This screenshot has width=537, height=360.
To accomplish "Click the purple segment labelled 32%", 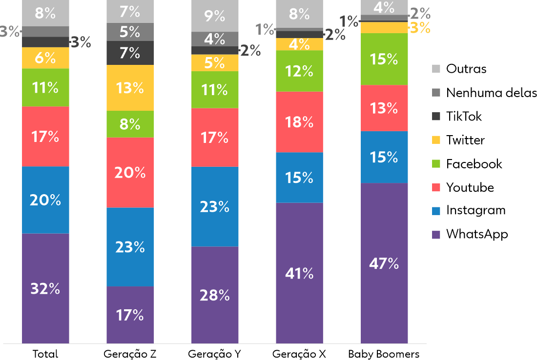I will click(45, 288).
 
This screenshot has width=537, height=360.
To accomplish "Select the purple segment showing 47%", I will click(384, 263).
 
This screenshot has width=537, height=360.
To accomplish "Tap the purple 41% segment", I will click(299, 273).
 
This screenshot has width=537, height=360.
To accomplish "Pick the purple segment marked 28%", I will click(215, 295).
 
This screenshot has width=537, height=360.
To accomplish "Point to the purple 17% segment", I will click(130, 315).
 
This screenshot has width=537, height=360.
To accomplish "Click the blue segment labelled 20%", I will click(45, 200).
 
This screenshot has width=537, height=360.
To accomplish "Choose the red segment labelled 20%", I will click(130, 172).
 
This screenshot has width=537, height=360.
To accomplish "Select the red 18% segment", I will click(299, 122).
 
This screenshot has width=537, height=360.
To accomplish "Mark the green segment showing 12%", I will click(299, 71).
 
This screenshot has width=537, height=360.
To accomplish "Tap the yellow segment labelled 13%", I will click(130, 88).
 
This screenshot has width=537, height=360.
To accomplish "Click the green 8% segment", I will click(130, 124).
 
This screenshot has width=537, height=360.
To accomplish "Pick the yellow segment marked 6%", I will click(45, 58).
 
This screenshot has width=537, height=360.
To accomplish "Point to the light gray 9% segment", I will click(215, 16).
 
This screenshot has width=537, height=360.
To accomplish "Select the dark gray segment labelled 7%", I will click(130, 53).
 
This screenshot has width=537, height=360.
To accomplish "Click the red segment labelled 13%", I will click(384, 108).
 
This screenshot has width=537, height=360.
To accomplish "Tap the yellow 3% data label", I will click(420, 28).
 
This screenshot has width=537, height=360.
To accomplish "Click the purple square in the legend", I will click(436, 235).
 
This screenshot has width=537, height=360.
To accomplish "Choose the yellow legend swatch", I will click(436, 140).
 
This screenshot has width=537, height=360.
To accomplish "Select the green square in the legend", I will click(436, 163).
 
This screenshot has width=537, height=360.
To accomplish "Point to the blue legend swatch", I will click(436, 211).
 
